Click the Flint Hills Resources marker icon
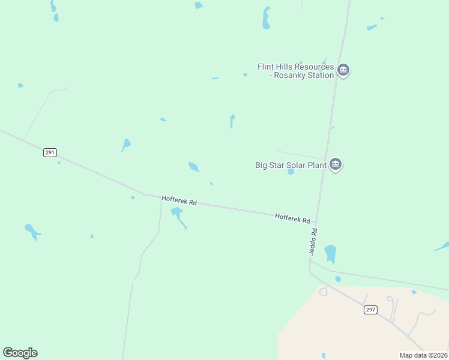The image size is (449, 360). [x=343, y=70]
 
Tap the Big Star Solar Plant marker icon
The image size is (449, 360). [x=336, y=164]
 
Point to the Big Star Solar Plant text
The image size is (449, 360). [x=291, y=164]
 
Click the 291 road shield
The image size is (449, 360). [x=50, y=152]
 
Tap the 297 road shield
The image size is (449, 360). [x=370, y=310]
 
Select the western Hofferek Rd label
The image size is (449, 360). [x=179, y=200]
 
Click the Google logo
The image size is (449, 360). [x=20, y=353]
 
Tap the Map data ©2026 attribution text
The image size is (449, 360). [x=423, y=355]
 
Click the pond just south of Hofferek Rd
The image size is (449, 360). [x=177, y=214]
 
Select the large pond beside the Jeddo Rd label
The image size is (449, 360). [x=330, y=253]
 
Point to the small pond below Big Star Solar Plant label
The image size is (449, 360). [x=291, y=172]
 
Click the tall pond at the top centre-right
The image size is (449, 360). [x=266, y=18]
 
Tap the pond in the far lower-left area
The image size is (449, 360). [x=31, y=230]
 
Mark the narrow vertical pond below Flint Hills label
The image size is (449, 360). [x=232, y=121]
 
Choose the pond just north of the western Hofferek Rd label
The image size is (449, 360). [x=193, y=167]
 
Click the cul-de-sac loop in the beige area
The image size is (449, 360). [x=324, y=292]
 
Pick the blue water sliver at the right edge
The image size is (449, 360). [x=442, y=246]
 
